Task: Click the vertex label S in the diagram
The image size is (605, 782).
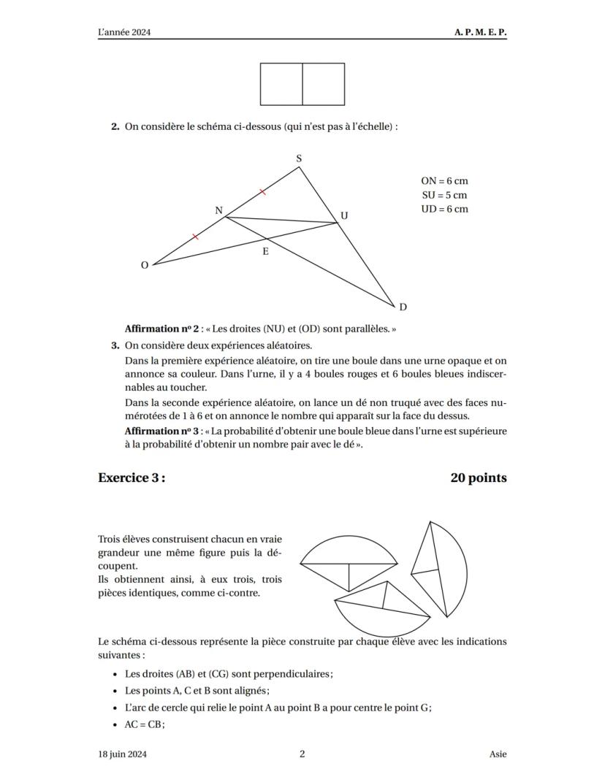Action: [299, 158]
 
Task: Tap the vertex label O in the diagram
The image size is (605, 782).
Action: [144, 265]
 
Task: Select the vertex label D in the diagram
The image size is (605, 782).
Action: [403, 307]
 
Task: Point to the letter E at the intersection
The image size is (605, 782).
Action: [265, 251]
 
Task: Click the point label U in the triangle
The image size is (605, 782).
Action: [344, 216]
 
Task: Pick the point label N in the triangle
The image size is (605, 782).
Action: [218, 210]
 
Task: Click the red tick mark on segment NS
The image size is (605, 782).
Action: [263, 191]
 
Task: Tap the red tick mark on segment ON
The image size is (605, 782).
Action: [195, 237]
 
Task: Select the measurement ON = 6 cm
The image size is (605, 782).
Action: [444, 181]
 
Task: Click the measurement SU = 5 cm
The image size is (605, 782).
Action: [444, 195]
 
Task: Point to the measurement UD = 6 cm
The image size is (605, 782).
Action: [444, 209]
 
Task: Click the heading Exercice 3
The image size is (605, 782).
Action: [132, 478]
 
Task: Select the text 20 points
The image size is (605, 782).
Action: [479, 478]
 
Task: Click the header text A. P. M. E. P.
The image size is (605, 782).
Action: [480, 33]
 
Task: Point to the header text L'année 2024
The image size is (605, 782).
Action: [129, 33]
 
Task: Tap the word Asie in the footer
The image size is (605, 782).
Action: [498, 754]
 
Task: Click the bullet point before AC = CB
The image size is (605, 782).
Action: [116, 725]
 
